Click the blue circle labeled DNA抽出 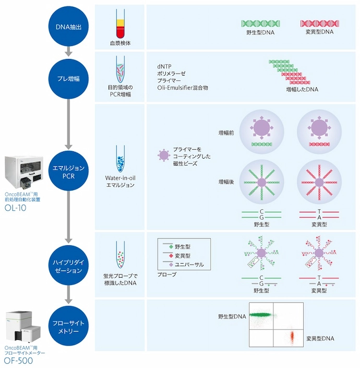click(x=68, y=26)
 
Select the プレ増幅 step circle click(x=68, y=77)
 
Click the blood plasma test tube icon click(x=119, y=25)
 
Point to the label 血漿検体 click(x=119, y=43)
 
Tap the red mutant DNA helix click(x=319, y=23)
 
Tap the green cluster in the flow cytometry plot click(x=266, y=315)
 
